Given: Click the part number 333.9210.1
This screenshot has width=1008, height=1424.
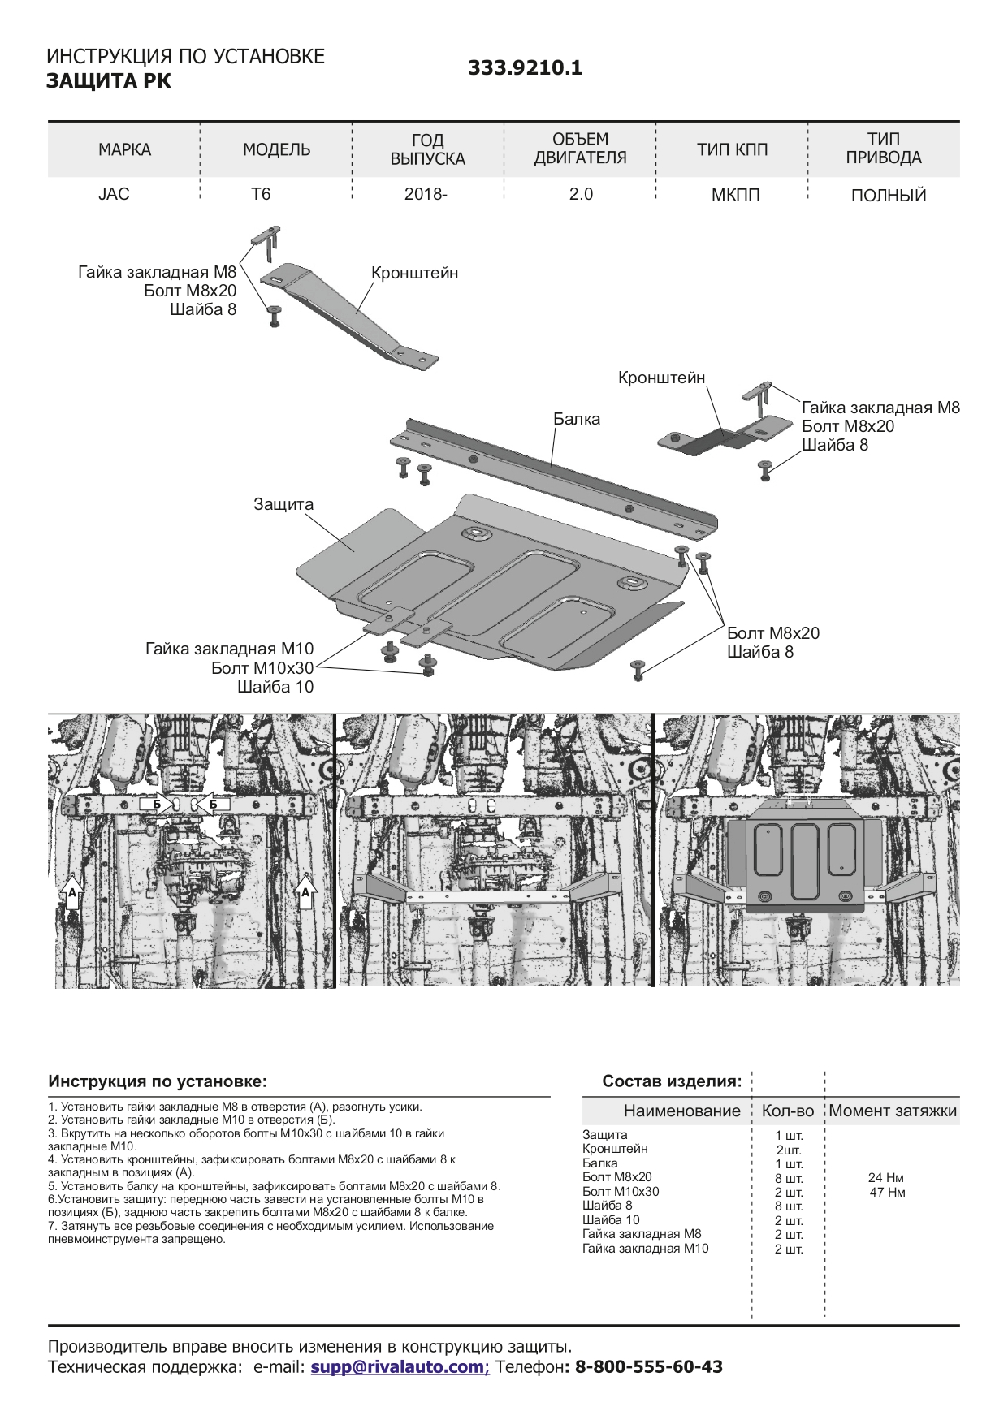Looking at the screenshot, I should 525,68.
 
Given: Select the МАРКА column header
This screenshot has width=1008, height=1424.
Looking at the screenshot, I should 124,149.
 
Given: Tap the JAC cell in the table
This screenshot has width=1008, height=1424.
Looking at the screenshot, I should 114,194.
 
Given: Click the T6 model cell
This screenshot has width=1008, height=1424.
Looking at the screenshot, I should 261,194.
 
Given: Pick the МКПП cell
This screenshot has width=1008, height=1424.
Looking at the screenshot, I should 735,195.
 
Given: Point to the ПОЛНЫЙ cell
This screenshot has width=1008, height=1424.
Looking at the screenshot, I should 888,196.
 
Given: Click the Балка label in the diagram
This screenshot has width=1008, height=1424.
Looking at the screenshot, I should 577,419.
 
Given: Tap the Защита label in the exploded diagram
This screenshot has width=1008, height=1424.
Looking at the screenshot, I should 283,504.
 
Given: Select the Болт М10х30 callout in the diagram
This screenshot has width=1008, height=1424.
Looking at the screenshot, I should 262,668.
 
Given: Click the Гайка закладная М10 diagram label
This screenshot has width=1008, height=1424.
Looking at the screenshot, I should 229,649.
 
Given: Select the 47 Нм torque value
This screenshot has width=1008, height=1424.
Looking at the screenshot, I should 887,1192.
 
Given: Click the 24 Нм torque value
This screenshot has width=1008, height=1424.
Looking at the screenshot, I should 885,1177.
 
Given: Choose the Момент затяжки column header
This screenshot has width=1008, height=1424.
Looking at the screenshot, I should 893,1111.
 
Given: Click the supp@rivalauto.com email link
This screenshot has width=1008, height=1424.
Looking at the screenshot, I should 398,1366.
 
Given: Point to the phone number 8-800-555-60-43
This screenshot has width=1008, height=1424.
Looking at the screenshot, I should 648,1366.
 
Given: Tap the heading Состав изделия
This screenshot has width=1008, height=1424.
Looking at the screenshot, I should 672,1081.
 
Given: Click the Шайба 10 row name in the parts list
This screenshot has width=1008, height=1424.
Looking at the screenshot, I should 611,1219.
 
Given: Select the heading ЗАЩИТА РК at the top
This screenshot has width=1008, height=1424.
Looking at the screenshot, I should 109,81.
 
